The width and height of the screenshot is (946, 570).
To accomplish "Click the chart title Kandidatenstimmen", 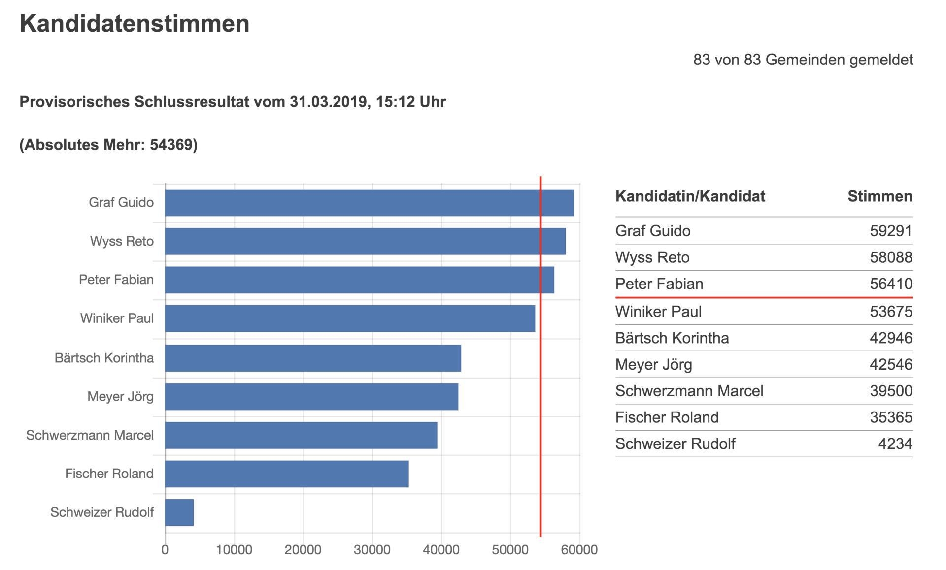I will click(x=135, y=24).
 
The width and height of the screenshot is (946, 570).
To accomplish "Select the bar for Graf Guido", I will click(x=370, y=203).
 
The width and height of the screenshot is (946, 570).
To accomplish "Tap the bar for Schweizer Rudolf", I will click(x=179, y=512).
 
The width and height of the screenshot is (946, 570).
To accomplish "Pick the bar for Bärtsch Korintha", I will click(x=313, y=358).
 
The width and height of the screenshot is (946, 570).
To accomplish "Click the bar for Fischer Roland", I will click(x=287, y=474).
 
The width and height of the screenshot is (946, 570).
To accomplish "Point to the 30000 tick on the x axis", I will click(x=372, y=550).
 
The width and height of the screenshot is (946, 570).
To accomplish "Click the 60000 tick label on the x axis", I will click(x=579, y=550).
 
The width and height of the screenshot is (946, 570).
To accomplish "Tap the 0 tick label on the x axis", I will click(x=165, y=550).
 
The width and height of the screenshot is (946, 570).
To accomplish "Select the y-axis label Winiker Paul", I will click(x=117, y=318).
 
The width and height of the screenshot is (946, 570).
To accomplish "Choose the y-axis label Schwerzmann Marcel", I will click(x=90, y=435).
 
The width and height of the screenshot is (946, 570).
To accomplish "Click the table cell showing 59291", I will click(x=891, y=231).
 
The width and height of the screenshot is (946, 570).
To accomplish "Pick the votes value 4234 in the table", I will click(x=895, y=443).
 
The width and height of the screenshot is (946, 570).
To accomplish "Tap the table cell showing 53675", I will click(x=891, y=312).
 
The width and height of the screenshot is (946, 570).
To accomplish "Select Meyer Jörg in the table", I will click(x=654, y=365).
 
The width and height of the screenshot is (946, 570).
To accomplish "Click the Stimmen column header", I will click(x=880, y=196).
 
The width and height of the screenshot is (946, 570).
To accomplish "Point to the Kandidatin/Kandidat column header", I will click(x=690, y=196).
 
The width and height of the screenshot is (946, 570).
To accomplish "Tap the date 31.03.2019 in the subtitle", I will click(x=329, y=102).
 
